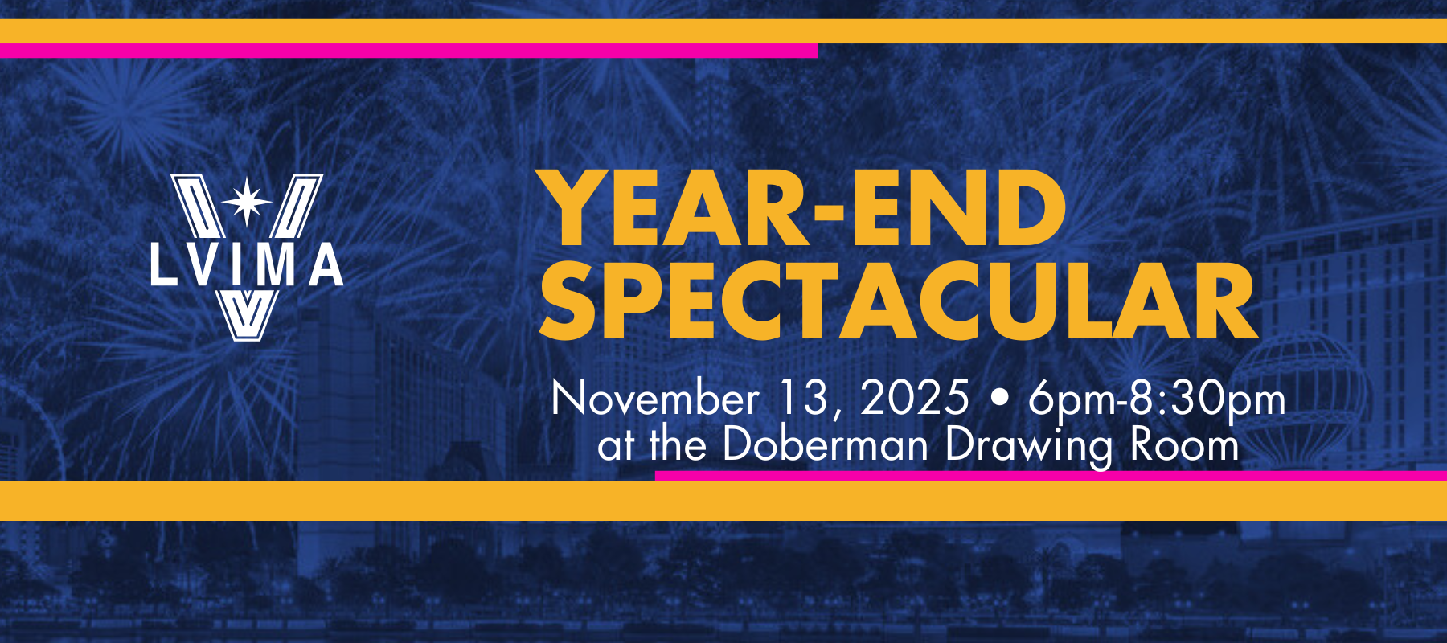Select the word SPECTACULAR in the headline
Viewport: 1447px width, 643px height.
coord(899,301)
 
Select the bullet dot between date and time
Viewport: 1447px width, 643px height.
coord(999,399)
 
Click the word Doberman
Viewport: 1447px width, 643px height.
coord(826,444)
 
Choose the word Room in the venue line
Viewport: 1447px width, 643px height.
coord(1185,444)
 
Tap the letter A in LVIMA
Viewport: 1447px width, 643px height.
coord(326,264)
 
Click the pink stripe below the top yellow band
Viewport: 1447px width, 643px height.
coord(408,51)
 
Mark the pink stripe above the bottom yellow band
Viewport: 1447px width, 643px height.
coord(1051,476)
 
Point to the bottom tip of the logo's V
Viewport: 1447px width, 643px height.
coord(247,340)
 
